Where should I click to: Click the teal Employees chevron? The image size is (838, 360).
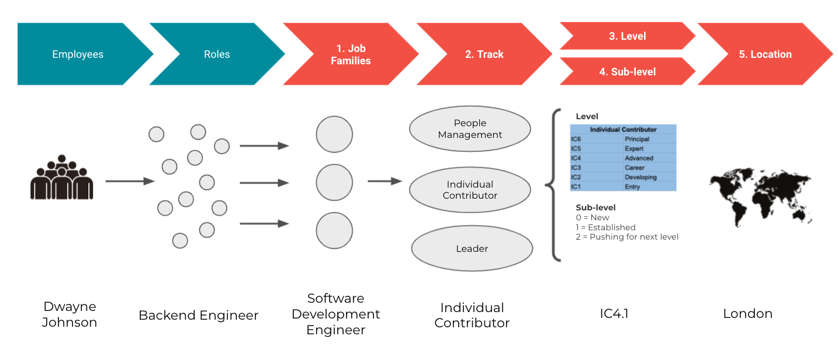(x=78, y=54)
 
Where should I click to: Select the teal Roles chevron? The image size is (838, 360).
(x=217, y=54)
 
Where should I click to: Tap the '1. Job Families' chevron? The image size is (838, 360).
(x=351, y=54)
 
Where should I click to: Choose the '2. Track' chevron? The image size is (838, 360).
(x=484, y=54)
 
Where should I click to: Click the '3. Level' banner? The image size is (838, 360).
(x=628, y=36)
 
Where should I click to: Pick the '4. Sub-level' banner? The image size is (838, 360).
(x=628, y=71)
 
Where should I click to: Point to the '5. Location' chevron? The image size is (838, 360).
(x=765, y=54)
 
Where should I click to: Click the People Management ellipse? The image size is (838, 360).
(x=470, y=129)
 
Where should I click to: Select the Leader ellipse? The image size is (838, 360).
(x=472, y=248)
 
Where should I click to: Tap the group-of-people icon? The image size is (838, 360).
(x=62, y=178)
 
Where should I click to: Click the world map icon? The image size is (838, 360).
(x=760, y=196)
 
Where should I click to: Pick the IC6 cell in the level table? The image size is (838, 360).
(x=576, y=139)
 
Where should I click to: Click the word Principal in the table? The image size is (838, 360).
(x=637, y=139)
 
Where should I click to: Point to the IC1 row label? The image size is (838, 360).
(x=576, y=187)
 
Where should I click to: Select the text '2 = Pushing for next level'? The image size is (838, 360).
(x=627, y=237)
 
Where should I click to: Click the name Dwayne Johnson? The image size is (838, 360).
(x=70, y=314)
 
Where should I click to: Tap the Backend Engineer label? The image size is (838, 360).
(x=198, y=316)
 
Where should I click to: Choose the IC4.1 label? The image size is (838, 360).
(x=614, y=314)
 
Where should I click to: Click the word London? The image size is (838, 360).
(x=747, y=314)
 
